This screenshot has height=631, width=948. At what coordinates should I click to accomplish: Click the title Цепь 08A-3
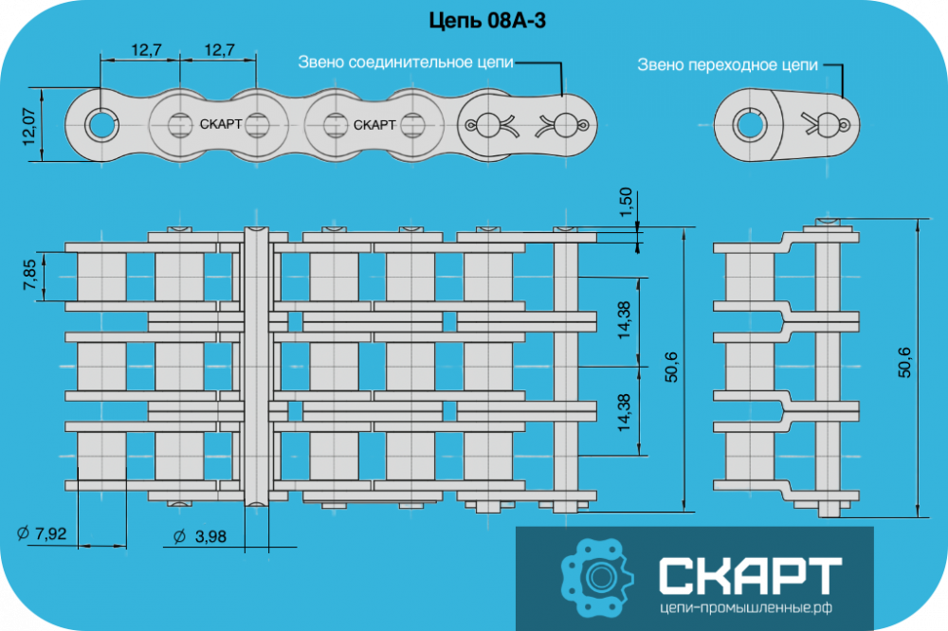pos(487,21)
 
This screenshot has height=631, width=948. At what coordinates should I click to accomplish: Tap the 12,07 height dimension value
pos(29,126)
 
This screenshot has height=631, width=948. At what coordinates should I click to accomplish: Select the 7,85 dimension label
pos(29,275)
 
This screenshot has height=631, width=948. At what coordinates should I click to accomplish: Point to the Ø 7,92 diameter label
pos(42,533)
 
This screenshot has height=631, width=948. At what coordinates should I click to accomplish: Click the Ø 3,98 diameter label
pos(199,536)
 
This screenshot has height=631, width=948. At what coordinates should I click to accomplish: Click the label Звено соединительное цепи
pos(406,63)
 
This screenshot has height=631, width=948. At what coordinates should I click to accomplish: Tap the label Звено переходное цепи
pos(727,64)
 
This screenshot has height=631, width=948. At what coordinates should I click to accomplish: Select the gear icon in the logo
pos(596,578)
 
